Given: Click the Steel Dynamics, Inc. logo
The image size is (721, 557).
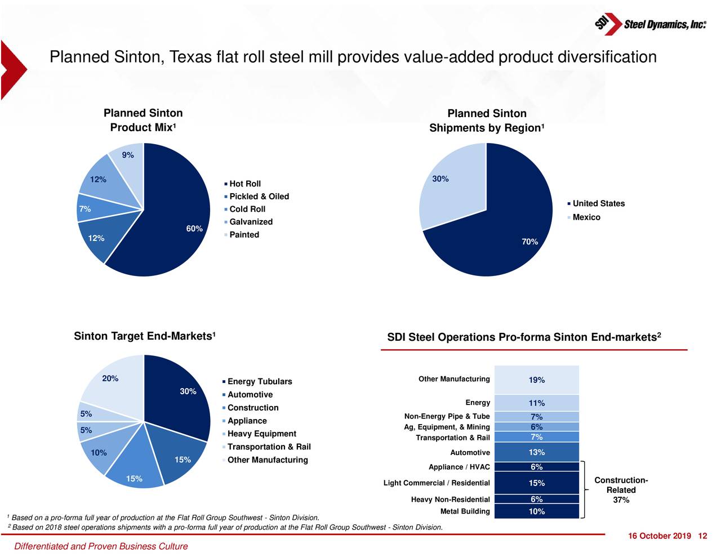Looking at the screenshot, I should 650,24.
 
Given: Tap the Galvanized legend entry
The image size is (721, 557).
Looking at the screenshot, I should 251,222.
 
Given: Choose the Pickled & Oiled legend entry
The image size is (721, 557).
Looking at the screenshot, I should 259,197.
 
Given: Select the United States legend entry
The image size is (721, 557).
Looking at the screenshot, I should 598,204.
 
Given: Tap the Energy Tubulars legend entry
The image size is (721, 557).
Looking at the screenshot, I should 259,382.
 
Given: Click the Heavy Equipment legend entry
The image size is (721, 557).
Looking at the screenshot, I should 261,434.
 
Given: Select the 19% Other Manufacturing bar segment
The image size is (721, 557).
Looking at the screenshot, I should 536,380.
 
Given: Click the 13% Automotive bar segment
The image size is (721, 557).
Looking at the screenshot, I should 536,452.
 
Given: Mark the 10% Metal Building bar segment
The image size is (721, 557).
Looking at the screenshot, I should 536,511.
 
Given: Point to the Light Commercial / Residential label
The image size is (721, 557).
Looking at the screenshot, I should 437,483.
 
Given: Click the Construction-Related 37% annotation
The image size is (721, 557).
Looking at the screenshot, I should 621,490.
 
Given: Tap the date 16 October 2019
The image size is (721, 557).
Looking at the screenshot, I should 659,536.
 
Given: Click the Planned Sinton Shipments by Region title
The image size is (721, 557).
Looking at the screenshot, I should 487,121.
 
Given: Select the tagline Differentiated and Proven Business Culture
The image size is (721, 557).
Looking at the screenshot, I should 101,546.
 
